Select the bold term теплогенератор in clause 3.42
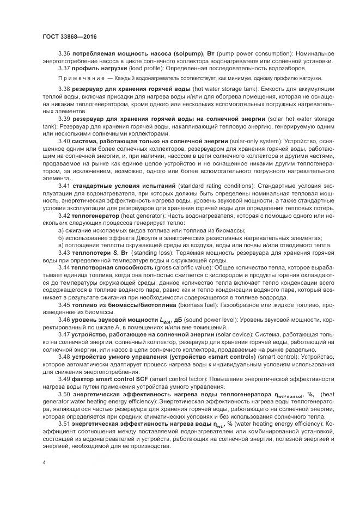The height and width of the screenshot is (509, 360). click(x=96, y=216)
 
